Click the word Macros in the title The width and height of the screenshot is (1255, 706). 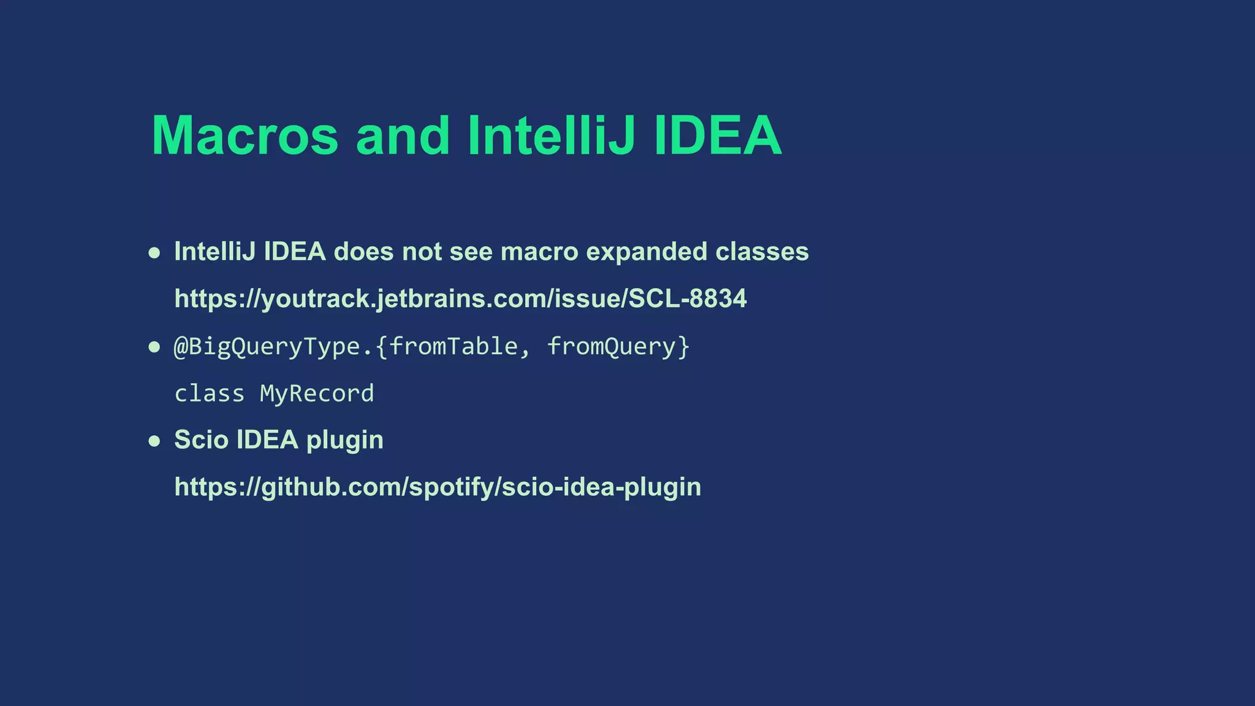point(245,135)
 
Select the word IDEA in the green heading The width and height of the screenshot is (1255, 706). point(718,135)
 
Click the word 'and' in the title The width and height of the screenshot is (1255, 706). point(403,135)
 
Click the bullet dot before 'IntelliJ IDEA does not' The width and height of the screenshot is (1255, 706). point(154,253)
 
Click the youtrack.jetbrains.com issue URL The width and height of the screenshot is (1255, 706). point(460,299)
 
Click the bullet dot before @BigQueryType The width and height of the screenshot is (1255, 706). point(154,347)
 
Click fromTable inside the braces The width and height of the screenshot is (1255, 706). point(453,347)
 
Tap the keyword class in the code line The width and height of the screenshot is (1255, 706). point(209,393)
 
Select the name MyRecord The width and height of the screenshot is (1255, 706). point(317,393)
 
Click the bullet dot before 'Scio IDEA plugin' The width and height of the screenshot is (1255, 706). point(154,441)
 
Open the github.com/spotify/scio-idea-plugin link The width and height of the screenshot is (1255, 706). point(438,487)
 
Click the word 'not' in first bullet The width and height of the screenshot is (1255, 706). point(422,252)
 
